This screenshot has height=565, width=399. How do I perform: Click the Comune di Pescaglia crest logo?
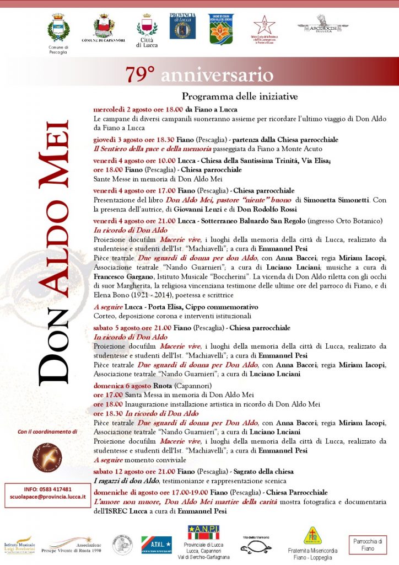tap(58, 29)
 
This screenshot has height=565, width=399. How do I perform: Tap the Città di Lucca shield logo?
tap(147, 28)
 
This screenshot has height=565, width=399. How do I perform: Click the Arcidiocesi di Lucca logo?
tap(323, 25)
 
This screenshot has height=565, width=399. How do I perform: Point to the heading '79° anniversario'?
tap(199, 74)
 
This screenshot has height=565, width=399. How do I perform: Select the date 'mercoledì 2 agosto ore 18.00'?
tap(138, 109)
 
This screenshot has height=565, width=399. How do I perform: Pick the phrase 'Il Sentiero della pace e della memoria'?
tap(152, 148)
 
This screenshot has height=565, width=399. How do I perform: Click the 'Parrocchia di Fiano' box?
tap(368, 545)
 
